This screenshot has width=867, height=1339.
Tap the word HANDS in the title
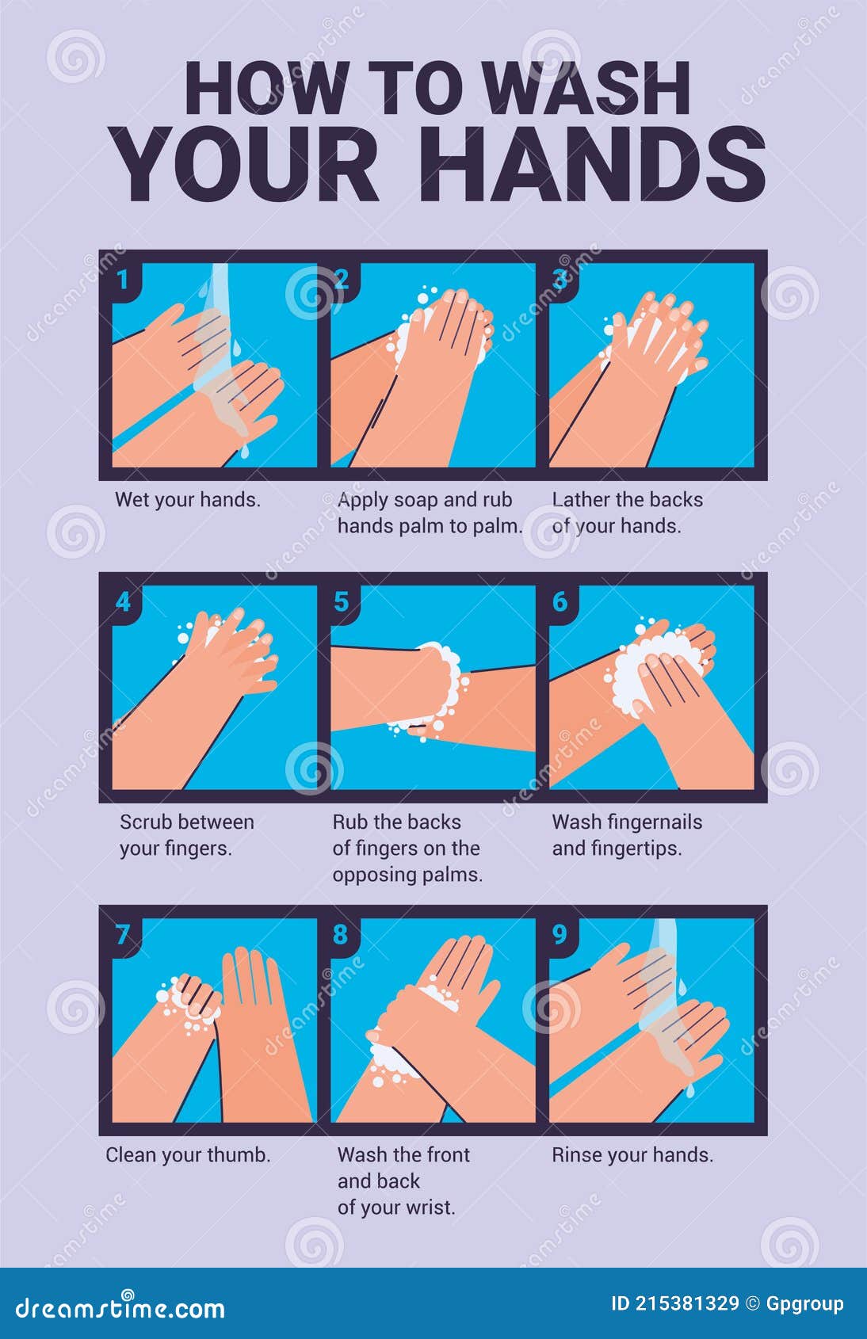tap(591, 165)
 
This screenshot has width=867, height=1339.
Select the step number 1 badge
tap(123, 279)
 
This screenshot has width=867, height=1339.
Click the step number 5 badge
tap(342, 601)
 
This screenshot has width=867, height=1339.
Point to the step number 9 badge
tap(560, 934)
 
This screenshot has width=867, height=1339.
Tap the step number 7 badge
tap(123, 934)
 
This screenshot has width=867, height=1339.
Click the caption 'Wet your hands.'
tap(188, 500)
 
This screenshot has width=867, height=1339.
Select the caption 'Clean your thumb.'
tap(189, 1155)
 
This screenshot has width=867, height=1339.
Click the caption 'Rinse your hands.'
tap(632, 1155)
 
